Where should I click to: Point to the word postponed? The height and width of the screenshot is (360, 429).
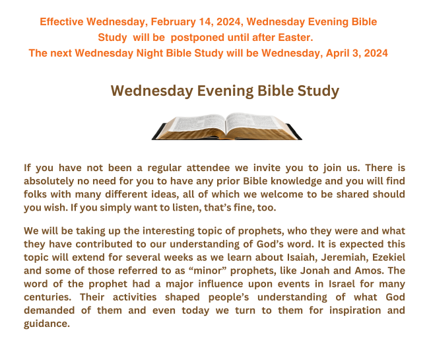[197, 38]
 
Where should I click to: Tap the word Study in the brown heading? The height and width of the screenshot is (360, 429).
[319, 91]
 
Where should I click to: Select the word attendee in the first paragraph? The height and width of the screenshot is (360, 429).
[208, 168]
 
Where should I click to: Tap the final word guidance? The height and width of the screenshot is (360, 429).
[47, 324]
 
